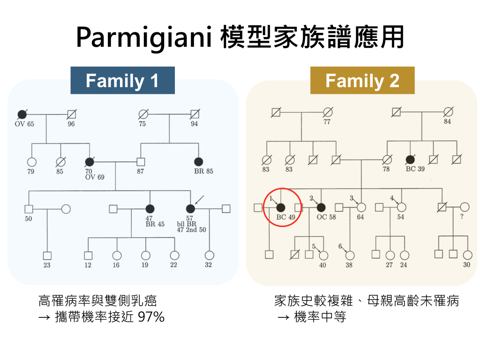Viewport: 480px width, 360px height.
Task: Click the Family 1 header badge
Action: (x=122, y=81)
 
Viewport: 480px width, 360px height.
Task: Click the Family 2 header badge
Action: (x=362, y=81)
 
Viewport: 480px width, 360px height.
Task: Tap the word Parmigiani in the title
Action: (x=143, y=37)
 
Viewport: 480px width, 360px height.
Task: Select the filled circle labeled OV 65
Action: (x=22, y=114)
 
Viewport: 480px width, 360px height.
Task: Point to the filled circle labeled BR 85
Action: (x=199, y=162)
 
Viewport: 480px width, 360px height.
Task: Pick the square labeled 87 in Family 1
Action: (x=140, y=162)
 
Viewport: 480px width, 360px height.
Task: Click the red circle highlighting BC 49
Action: (x=282, y=208)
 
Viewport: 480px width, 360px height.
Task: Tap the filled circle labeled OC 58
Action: (x=321, y=207)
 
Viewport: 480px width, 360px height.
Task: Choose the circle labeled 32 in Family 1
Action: (x=209, y=255)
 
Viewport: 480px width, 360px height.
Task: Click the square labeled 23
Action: (x=47, y=255)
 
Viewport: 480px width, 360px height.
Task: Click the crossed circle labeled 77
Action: (x=328, y=112)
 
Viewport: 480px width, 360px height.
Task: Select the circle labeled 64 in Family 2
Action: (x=360, y=207)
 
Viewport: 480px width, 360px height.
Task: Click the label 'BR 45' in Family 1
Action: (x=155, y=224)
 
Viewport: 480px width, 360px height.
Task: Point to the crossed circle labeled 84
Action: (x=448, y=112)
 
